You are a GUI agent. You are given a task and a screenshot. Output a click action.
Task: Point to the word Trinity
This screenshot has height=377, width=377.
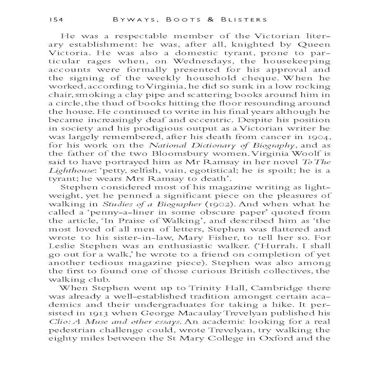tap(203, 288)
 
